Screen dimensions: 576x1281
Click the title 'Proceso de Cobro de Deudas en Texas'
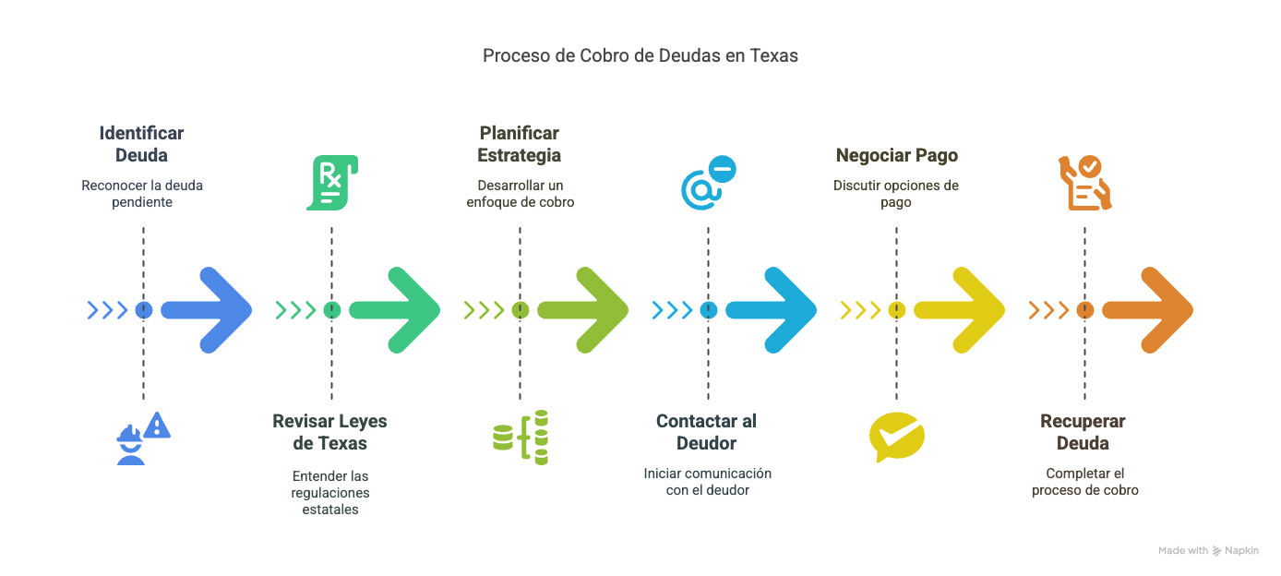pyautogui.click(x=640, y=55)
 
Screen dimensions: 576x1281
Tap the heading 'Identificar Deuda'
pyautogui.click(x=141, y=144)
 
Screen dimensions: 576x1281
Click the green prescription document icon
pyautogui.click(x=331, y=183)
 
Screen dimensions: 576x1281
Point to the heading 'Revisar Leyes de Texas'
pyautogui.click(x=329, y=432)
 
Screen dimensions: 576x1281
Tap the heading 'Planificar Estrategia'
pyautogui.click(x=519, y=144)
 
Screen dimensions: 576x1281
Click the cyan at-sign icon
pyautogui.click(x=707, y=183)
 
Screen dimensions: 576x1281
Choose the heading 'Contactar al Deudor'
pyautogui.click(x=706, y=432)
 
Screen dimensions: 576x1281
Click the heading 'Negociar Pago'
pyautogui.click(x=896, y=155)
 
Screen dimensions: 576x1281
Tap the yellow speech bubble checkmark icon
pyautogui.click(x=896, y=438)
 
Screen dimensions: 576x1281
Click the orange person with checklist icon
pyautogui.click(x=1084, y=183)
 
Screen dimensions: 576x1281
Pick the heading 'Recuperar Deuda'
pyautogui.click(x=1083, y=432)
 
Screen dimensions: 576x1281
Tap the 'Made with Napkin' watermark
pyautogui.click(x=1208, y=551)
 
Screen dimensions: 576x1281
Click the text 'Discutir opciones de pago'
pyautogui.click(x=896, y=194)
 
